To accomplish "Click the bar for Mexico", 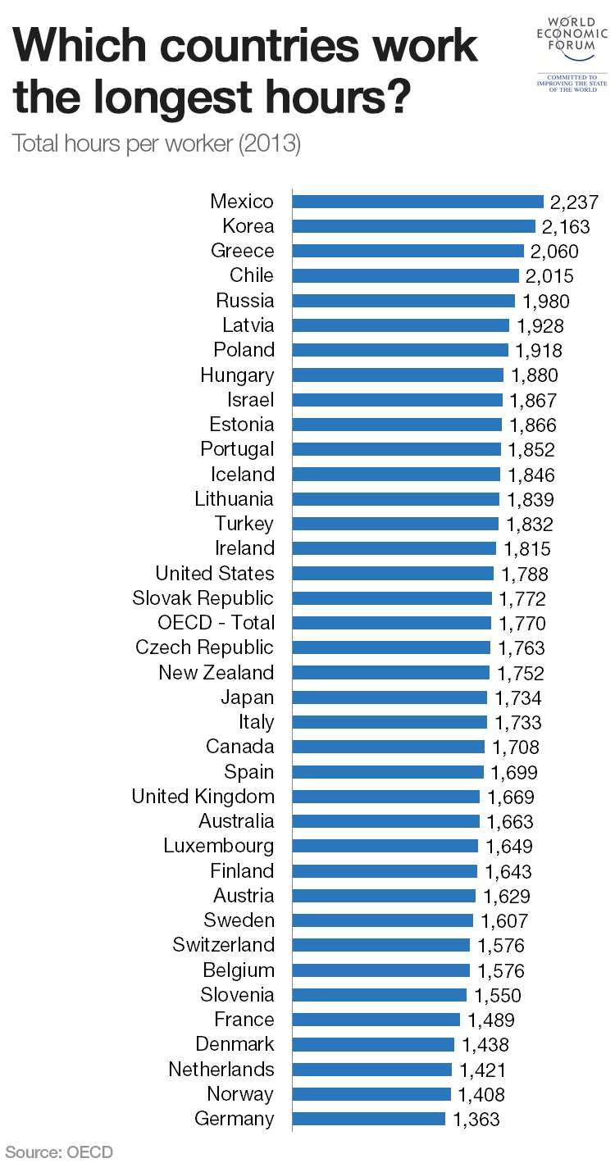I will point(417,202).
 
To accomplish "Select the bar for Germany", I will point(368,1119).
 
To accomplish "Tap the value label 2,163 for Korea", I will point(565,227).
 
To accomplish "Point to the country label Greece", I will point(242,251).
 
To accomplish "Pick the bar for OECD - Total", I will point(391,623).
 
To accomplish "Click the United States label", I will point(215,574).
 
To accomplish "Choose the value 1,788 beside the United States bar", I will point(524,575).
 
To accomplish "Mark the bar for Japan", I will point(389,697).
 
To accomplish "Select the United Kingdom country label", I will point(203,797).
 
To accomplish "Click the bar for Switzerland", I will point(380,945).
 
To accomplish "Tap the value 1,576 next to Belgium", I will point(500,971).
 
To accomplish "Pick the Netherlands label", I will point(221,1070).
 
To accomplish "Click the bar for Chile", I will point(405,276).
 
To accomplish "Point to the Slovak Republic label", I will point(203,598).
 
